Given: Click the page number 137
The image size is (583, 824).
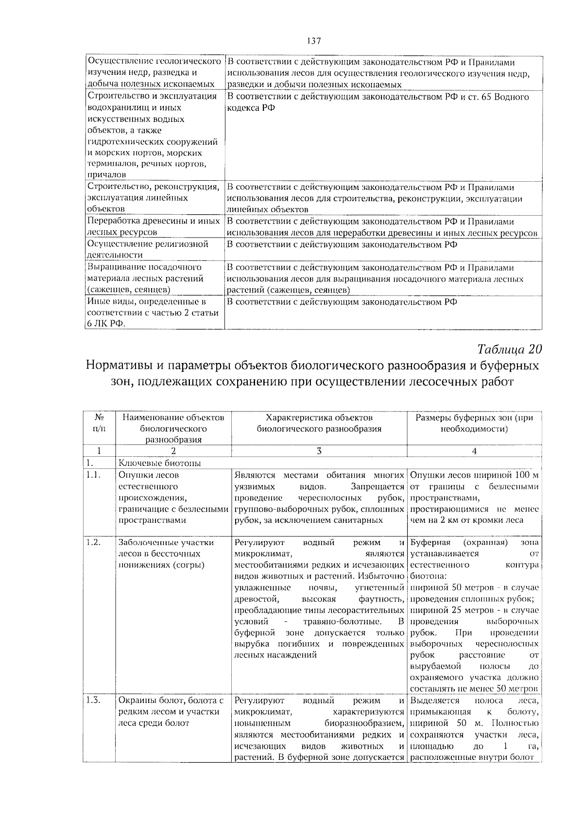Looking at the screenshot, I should [x=314, y=41].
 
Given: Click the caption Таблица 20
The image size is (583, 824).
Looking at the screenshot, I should [x=509, y=349].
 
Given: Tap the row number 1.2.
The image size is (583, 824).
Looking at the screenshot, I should [x=93, y=543].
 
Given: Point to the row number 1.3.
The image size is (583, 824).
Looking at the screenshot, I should [x=93, y=700].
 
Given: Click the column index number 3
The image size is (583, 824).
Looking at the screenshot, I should [x=319, y=451].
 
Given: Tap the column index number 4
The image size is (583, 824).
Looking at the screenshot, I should [x=474, y=451].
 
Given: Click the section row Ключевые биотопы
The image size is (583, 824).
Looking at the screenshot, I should [x=160, y=463].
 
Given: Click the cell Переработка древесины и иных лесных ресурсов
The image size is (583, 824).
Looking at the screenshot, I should [x=154, y=226].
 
